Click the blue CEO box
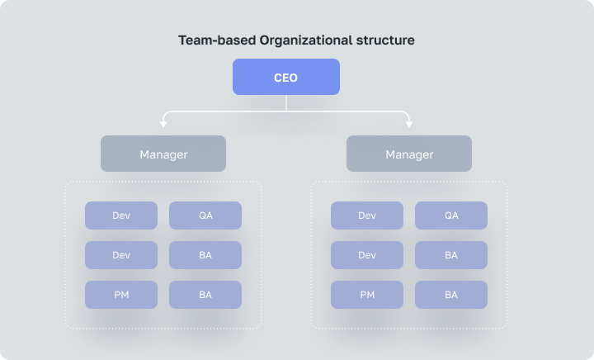(285, 78)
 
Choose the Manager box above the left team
(163, 154)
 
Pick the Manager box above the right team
(409, 154)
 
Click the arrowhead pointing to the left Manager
(163, 124)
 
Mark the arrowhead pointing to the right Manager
(409, 124)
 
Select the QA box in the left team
(205, 216)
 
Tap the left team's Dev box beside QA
(121, 216)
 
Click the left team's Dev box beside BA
(121, 255)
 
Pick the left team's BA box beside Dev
(205, 255)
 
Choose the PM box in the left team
(121, 295)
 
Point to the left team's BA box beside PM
(205, 295)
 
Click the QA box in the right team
(451, 216)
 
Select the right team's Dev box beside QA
(367, 216)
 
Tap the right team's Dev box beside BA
(367, 255)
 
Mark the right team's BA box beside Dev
(451, 255)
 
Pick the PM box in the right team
(367, 295)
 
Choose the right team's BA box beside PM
(451, 295)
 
